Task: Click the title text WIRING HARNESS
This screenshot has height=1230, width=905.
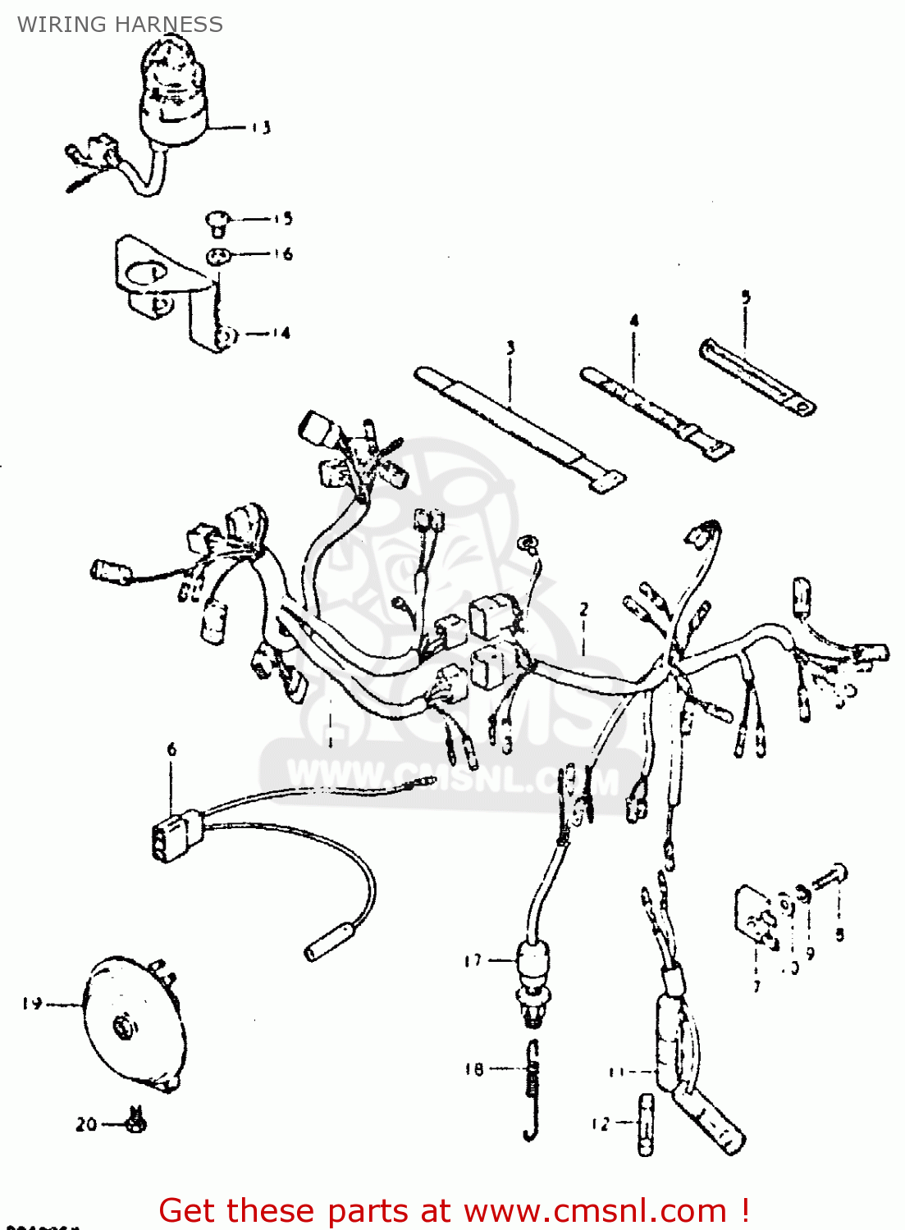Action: point(120,25)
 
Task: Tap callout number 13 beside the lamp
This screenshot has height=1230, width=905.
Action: point(261,128)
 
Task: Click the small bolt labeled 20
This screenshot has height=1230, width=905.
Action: point(136,1121)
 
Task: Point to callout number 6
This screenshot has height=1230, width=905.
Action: point(171,749)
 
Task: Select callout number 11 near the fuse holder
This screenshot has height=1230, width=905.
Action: point(616,1072)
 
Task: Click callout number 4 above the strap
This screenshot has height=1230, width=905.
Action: point(633,321)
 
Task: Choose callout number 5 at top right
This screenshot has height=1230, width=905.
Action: point(745,297)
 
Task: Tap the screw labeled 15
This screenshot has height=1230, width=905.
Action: point(217,219)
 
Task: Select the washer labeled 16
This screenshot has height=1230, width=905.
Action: point(217,255)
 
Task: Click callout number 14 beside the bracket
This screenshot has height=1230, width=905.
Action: point(281,333)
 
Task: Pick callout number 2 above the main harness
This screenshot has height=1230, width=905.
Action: point(583,609)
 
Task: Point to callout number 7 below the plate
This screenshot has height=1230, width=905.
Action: point(756,986)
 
